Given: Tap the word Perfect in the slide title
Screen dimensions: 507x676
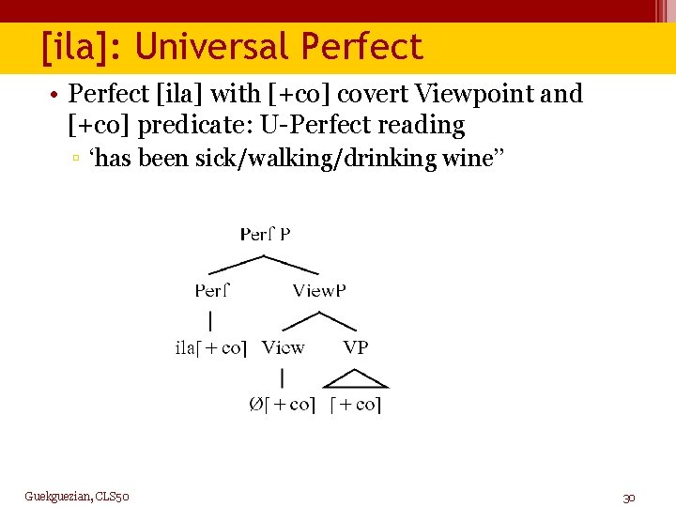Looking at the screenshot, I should click(x=361, y=46).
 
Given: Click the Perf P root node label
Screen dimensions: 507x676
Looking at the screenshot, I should click(x=265, y=234).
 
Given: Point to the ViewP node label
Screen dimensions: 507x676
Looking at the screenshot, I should click(x=319, y=290).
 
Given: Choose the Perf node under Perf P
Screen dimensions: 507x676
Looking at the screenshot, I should click(x=212, y=290).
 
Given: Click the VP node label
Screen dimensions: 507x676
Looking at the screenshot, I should click(x=356, y=347).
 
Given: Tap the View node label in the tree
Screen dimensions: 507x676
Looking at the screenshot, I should click(x=283, y=347).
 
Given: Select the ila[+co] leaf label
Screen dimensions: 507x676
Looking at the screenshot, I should click(x=210, y=347).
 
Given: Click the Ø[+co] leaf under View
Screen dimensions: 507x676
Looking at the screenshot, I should click(x=282, y=404).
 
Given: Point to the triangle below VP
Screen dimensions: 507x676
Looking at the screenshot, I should click(x=356, y=378).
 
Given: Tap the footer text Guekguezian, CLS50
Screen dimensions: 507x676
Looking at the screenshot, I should click(x=77, y=496).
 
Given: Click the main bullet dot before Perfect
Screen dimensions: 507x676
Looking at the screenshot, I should click(x=57, y=95).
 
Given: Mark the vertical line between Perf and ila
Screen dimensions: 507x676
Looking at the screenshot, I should click(x=211, y=319).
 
